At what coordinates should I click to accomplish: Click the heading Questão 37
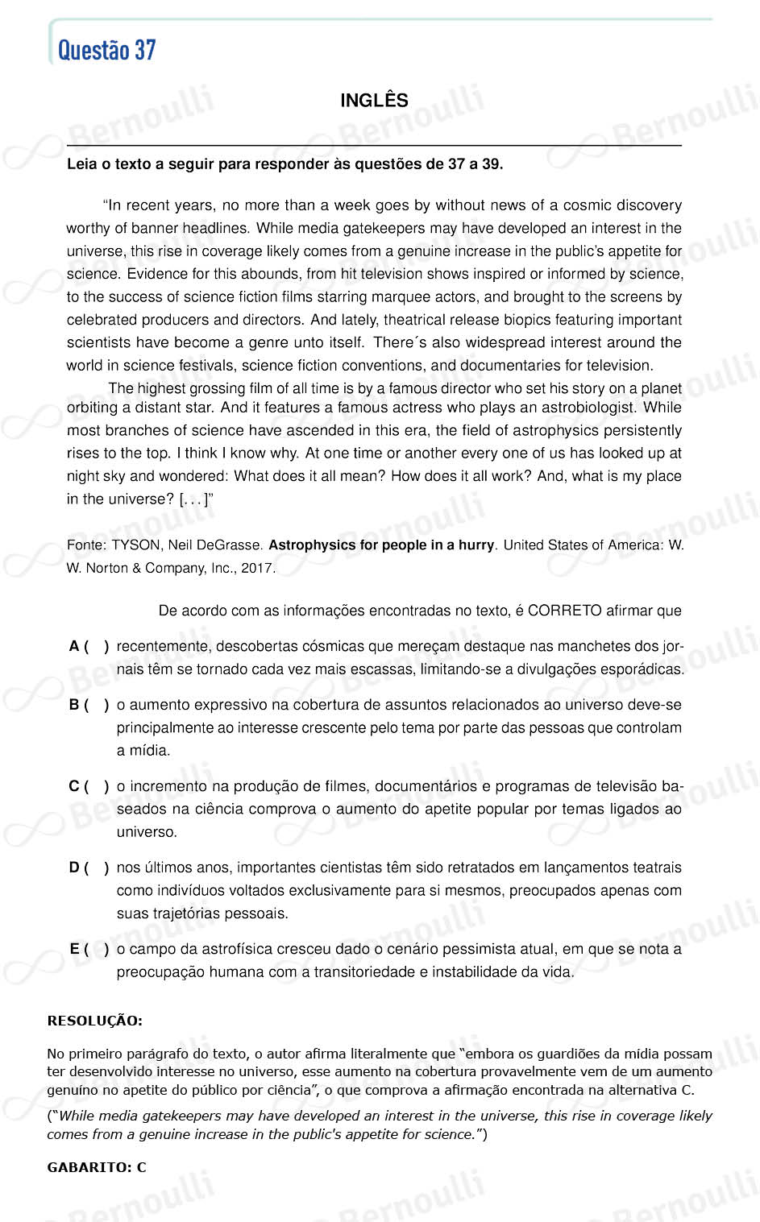(106, 51)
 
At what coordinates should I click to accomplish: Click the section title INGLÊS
(374, 101)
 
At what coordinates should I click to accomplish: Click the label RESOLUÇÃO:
(94, 1021)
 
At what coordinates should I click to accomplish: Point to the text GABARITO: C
(97, 1167)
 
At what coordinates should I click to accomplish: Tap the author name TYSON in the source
(135, 545)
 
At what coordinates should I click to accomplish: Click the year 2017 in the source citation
(256, 568)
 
